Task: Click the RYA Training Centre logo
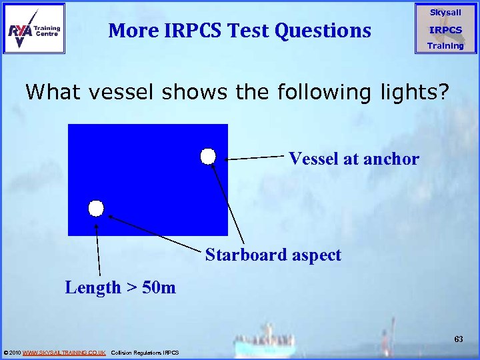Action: click(34, 29)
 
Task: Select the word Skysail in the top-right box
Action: click(445, 13)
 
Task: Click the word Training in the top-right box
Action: click(445, 46)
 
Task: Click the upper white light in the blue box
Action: click(208, 156)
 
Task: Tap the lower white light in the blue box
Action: click(97, 209)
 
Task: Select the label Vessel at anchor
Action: click(353, 159)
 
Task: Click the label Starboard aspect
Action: click(273, 255)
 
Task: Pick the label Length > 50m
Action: click(120, 287)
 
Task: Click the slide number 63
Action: click(459, 339)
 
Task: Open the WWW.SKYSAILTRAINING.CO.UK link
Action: click(64, 352)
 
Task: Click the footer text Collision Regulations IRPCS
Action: click(145, 352)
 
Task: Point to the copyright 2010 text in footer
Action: click(12, 352)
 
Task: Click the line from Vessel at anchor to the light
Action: click(257, 158)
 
